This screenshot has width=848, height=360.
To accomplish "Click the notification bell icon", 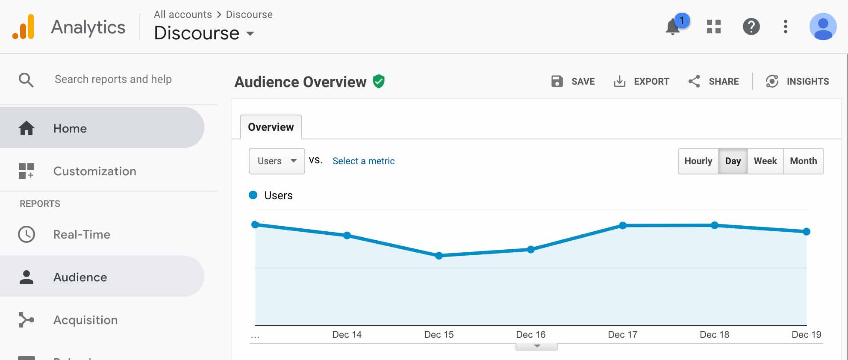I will pyautogui.click(x=673, y=27).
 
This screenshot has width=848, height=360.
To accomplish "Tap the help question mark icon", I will pyautogui.click(x=751, y=27).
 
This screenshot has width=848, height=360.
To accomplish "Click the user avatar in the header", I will pyautogui.click(x=823, y=27).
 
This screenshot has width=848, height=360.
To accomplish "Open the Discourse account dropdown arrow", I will pyautogui.click(x=250, y=34).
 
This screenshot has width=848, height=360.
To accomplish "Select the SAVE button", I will pyautogui.click(x=573, y=81).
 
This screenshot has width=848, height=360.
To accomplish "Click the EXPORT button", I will pyautogui.click(x=641, y=81).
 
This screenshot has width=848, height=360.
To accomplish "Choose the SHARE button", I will pyautogui.click(x=713, y=81).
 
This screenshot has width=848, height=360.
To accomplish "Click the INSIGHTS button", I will pyautogui.click(x=797, y=81).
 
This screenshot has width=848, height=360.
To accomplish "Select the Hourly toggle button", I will pyautogui.click(x=698, y=161).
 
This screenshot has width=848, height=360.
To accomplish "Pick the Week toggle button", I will pyautogui.click(x=765, y=161).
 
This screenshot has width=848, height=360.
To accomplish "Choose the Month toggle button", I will pyautogui.click(x=803, y=161).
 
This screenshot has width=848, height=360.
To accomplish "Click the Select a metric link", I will pyautogui.click(x=363, y=161).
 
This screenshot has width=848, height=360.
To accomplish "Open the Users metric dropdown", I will pyautogui.click(x=277, y=161).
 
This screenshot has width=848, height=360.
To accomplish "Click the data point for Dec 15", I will pyautogui.click(x=439, y=256).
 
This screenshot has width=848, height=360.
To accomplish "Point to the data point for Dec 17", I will pyautogui.click(x=623, y=225).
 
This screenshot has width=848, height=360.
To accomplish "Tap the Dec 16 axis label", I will pyautogui.click(x=530, y=334).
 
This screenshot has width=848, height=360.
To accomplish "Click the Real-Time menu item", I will pyautogui.click(x=82, y=234).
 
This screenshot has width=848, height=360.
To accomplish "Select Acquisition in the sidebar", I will pyautogui.click(x=85, y=320).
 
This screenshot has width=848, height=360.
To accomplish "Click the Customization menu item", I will pyautogui.click(x=94, y=171).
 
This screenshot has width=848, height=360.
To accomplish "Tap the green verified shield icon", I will pyautogui.click(x=379, y=81).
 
